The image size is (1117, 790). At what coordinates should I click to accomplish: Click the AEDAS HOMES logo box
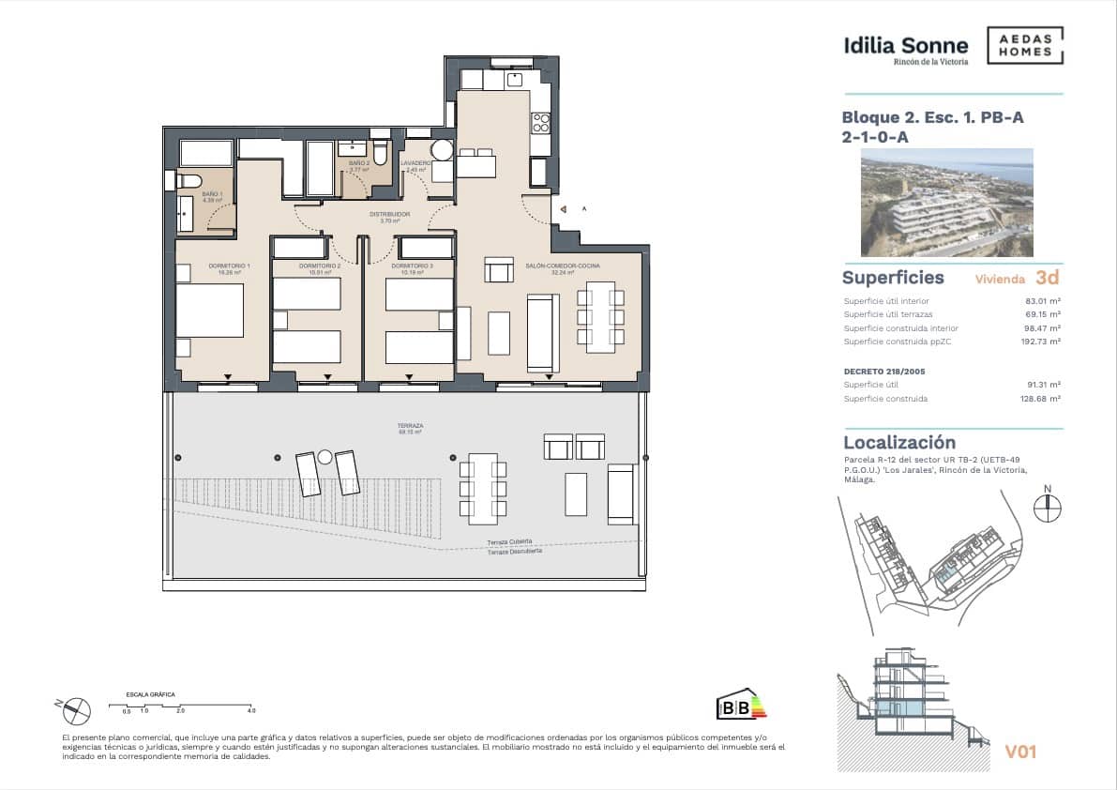click(x=1025, y=45)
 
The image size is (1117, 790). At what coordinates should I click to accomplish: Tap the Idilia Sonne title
click(x=905, y=45)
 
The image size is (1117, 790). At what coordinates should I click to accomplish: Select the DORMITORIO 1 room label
click(x=229, y=266)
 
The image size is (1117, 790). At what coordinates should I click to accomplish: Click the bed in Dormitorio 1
click(x=210, y=311)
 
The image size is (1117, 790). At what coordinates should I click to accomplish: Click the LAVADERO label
click(x=415, y=163)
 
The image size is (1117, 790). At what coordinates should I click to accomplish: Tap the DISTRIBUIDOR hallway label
click(x=389, y=215)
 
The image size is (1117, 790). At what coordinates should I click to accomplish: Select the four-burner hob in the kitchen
click(x=541, y=123)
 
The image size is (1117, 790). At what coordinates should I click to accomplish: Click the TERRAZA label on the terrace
click(x=410, y=426)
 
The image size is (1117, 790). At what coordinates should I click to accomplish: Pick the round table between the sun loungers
click(x=325, y=457)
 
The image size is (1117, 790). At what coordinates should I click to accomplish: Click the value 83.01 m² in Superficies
click(x=1043, y=301)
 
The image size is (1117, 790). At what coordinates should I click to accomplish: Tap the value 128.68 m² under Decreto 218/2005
click(x=1041, y=399)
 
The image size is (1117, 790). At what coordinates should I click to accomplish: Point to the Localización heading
click(x=898, y=442)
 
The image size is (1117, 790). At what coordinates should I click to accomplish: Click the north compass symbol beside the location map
click(x=1047, y=508)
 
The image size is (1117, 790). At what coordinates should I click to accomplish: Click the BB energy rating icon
click(x=740, y=706)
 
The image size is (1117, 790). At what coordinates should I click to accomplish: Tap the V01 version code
click(x=1020, y=752)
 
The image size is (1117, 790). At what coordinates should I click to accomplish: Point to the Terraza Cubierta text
click(x=509, y=542)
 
